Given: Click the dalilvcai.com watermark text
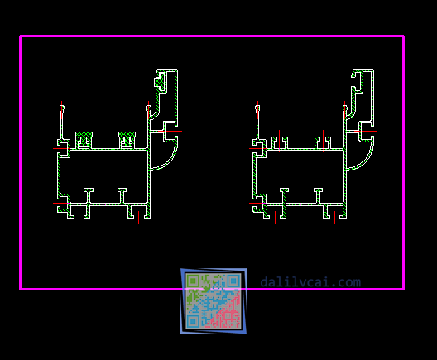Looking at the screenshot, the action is coord(310,282).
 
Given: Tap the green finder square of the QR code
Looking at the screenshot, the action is coord(193,281).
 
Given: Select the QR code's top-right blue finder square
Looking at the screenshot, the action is coord(233,281).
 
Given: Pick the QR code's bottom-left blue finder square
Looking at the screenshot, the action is coord(193,322).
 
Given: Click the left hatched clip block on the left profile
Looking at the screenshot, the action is coord(84,140).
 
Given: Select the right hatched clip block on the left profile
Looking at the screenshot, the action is coord(127,140).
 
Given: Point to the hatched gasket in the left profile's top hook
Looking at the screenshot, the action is coord(160,81).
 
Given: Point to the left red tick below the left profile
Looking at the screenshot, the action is coord(79,218).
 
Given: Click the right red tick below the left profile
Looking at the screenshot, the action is coord(138,218).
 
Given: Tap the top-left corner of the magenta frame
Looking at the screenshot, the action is coord(21,36).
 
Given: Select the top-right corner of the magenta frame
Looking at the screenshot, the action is coord(403,36).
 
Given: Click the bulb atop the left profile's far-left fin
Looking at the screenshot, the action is coord(62,108).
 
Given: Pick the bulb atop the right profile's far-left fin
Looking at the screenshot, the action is coord(257,108).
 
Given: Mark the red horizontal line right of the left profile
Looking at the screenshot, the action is coord(170,131).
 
